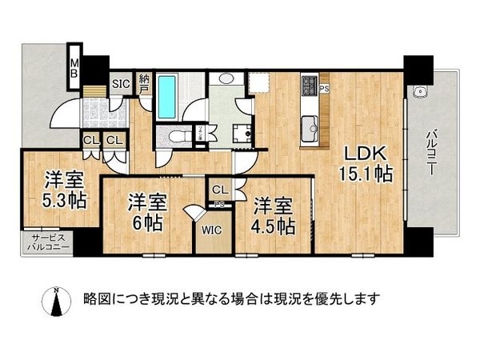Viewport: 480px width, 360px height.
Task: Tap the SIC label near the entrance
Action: [120, 83]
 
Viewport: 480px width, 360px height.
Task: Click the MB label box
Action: [74, 65]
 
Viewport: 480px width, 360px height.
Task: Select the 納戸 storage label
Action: [144, 83]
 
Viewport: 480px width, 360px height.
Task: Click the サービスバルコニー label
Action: [48, 242]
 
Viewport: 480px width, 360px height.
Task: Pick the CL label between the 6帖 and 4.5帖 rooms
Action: [218, 190]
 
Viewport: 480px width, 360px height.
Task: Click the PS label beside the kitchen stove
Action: [324, 88]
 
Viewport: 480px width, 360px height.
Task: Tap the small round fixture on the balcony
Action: [417, 92]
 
